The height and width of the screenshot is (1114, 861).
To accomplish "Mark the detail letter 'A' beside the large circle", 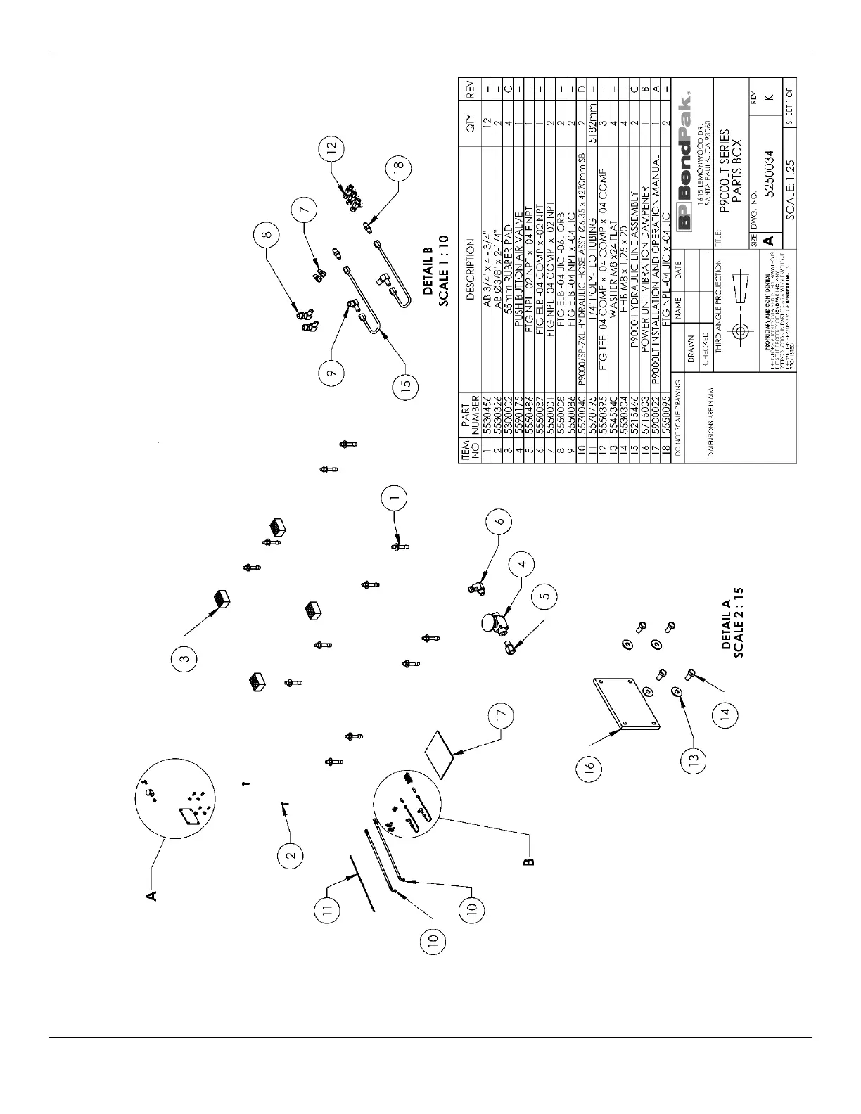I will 150,895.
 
